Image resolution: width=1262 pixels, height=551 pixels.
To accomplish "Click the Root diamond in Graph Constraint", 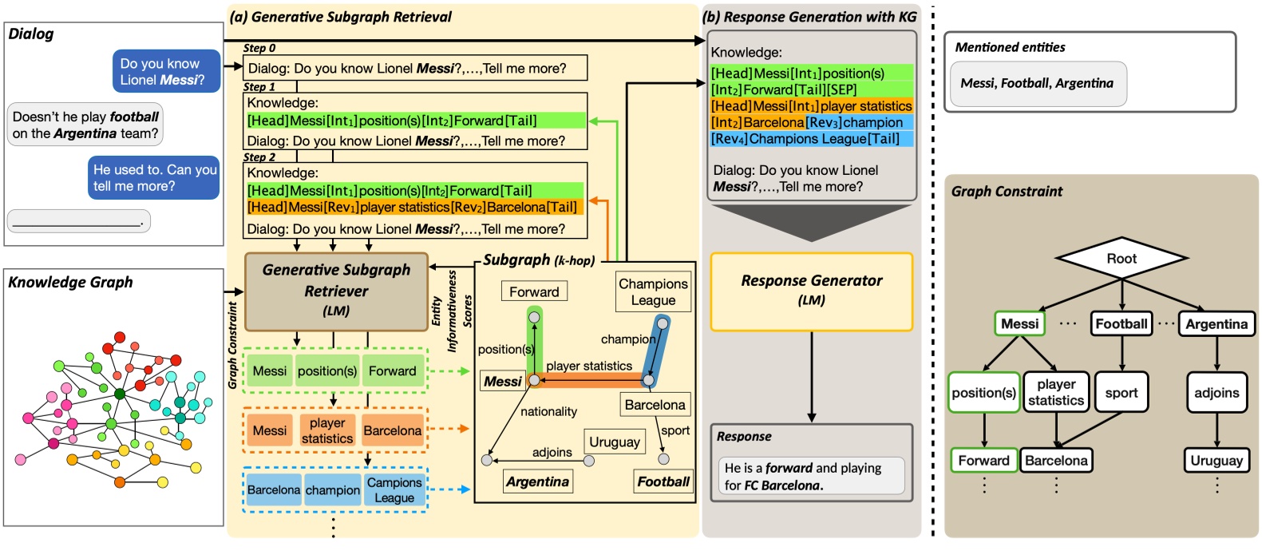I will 1121,258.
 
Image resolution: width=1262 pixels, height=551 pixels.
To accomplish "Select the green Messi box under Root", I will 1019,323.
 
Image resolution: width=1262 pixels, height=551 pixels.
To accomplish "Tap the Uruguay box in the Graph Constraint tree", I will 1216,461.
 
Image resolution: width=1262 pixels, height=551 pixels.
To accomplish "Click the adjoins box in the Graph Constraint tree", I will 1216,392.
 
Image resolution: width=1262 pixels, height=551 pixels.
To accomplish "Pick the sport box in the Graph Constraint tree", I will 1121,392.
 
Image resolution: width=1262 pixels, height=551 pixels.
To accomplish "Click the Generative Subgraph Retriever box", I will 336,291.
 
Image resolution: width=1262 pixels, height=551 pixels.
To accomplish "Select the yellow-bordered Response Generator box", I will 811,291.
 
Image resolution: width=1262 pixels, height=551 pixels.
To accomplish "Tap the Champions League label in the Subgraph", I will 653,291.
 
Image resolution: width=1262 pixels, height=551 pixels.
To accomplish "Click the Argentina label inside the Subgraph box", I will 537,482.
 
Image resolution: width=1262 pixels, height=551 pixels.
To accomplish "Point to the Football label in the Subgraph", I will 663,482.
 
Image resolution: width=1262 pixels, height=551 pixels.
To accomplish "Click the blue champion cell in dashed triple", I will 332,490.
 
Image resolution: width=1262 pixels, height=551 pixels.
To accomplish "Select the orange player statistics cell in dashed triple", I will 326,430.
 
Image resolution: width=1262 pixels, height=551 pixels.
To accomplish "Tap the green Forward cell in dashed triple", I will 392,371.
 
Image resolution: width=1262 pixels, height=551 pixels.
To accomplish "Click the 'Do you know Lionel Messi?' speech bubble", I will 166,71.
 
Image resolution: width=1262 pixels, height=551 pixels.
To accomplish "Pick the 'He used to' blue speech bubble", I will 154,177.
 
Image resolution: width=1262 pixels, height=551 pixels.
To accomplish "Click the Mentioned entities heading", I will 1010,47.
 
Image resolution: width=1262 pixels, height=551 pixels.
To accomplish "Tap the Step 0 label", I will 259,48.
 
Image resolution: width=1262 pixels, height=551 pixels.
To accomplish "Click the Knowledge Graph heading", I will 70,282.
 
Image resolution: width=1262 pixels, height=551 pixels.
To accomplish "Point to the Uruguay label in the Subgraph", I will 614,442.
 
